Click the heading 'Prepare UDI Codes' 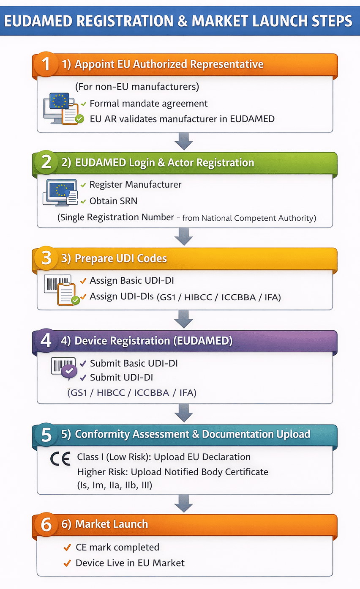tap(120, 258)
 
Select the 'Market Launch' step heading tap(111, 524)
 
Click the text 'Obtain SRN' tap(113, 201)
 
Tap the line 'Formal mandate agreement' tap(148, 103)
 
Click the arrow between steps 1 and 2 tap(183, 141)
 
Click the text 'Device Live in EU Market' tap(130, 563)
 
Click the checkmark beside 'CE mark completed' tap(67, 548)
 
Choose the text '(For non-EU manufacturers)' tap(137, 87)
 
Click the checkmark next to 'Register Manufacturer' tap(83, 185)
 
